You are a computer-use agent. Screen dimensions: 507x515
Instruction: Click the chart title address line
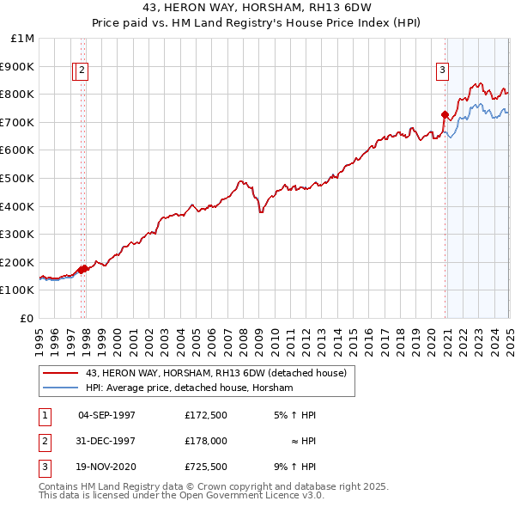(x=257, y=8)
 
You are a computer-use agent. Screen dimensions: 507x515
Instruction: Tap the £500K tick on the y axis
(x=18, y=178)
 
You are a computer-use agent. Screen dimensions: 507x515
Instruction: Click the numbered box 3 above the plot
(x=442, y=71)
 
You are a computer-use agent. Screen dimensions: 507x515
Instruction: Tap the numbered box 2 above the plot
(x=81, y=71)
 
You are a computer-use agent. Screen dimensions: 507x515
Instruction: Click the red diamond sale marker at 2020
(x=445, y=114)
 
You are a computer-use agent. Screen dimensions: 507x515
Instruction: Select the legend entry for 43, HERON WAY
(x=215, y=373)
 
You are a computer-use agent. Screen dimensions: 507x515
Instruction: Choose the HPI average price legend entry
(x=189, y=388)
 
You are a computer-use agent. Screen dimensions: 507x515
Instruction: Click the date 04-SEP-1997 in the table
(x=106, y=415)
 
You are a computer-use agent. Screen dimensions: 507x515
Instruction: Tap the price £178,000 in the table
(x=205, y=441)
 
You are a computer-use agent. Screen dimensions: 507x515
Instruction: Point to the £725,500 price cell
(x=205, y=467)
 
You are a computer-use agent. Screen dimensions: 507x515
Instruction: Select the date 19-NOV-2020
(x=106, y=467)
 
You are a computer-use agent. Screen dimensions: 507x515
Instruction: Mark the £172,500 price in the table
(x=205, y=415)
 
